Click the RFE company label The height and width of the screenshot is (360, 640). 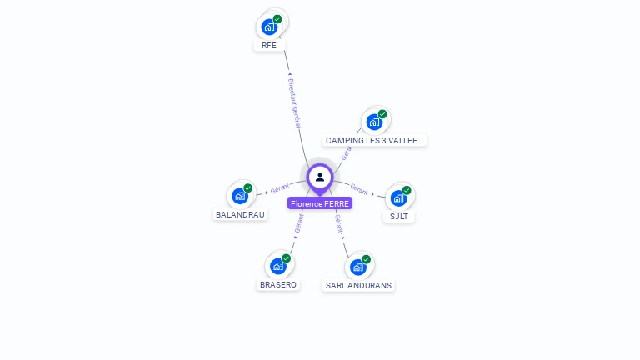(x=268, y=46)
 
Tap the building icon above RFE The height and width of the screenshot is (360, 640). (x=268, y=27)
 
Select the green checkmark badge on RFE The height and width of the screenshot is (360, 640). (x=277, y=18)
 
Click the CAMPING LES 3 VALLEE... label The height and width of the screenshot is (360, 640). (x=375, y=141)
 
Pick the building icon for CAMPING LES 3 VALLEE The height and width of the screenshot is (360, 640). (x=374, y=122)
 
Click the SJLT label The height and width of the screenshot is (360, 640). (x=399, y=217)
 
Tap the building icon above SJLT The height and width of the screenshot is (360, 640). (x=398, y=198)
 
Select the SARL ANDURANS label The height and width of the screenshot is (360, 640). (x=358, y=285)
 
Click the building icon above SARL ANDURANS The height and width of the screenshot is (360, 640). (x=357, y=267)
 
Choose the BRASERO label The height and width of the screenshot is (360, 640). (x=277, y=284)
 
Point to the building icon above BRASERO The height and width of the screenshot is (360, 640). (x=277, y=266)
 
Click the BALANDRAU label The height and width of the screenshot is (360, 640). (x=240, y=214)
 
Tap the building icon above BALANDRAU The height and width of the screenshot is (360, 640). (x=240, y=196)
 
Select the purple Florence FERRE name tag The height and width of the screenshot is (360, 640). (x=320, y=203)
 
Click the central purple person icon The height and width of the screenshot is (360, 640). (x=320, y=177)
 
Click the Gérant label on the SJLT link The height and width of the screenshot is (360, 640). (x=360, y=189)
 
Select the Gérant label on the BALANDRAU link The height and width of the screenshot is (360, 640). (x=279, y=189)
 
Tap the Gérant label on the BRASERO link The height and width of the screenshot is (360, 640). (x=299, y=222)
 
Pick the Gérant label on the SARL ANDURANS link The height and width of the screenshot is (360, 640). (x=339, y=223)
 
